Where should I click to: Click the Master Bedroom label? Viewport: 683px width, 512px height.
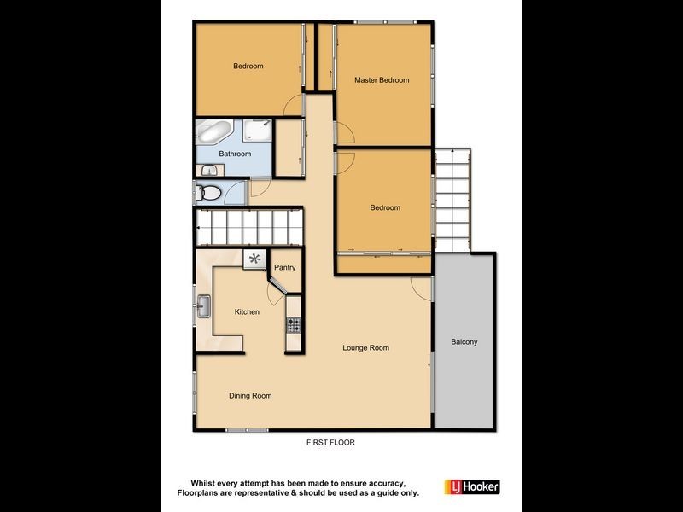[382, 80]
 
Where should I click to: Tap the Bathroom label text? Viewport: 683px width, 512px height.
[235, 154]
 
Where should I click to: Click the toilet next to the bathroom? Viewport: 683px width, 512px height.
[207, 193]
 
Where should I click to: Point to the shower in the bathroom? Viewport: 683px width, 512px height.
[259, 131]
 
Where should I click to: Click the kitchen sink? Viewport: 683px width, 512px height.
[205, 305]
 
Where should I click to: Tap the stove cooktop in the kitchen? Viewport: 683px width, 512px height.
[295, 324]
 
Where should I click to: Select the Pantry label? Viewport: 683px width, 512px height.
[285, 268]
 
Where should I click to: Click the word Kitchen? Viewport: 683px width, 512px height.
[247, 312]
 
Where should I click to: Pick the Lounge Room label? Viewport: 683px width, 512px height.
[365, 347]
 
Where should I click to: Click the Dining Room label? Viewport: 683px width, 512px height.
[250, 395]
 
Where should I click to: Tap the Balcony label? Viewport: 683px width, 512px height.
[464, 342]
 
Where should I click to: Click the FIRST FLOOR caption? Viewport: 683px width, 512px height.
[330, 443]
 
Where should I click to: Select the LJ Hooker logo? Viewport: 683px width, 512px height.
[471, 486]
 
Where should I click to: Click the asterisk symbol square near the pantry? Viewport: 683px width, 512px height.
[254, 259]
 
